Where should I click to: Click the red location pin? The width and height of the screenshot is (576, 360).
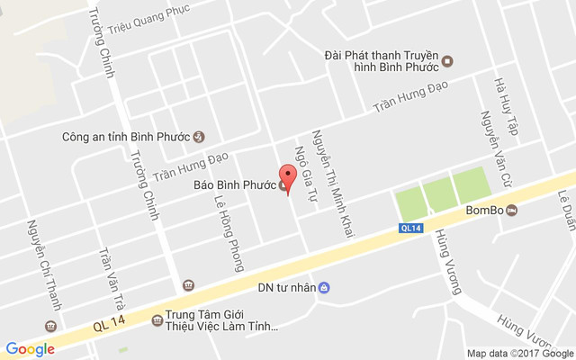pyautogui.click(x=288, y=176)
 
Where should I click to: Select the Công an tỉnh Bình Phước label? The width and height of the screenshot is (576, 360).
pyautogui.click(x=125, y=138)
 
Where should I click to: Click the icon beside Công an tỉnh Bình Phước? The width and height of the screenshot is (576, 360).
pyautogui.click(x=199, y=138)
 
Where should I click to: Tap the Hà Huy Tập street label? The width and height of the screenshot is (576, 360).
pyautogui.click(x=502, y=106)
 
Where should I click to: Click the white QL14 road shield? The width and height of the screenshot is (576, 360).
pyautogui.click(x=411, y=229)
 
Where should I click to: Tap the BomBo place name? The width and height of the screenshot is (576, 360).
pyautogui.click(x=483, y=211)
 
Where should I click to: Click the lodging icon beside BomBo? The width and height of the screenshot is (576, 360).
pyautogui.click(x=512, y=211)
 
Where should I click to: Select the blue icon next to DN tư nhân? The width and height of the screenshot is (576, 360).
pyautogui.click(x=325, y=289)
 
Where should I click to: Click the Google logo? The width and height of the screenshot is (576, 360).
pyautogui.click(x=30, y=348)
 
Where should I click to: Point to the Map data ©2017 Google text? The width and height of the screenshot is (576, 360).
pyautogui.click(x=519, y=353)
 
